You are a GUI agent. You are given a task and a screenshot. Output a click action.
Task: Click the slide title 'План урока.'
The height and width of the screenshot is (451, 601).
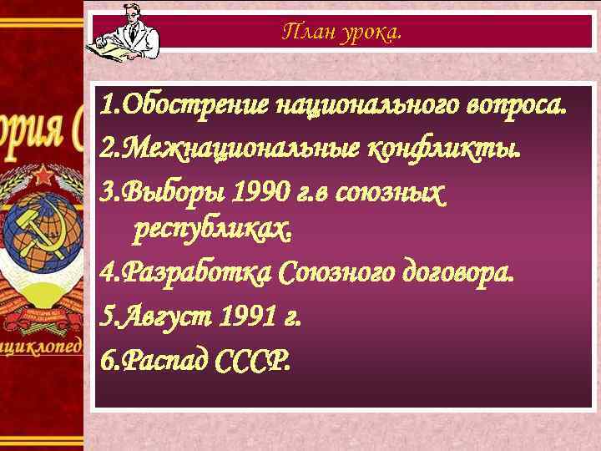coord(342,33)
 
